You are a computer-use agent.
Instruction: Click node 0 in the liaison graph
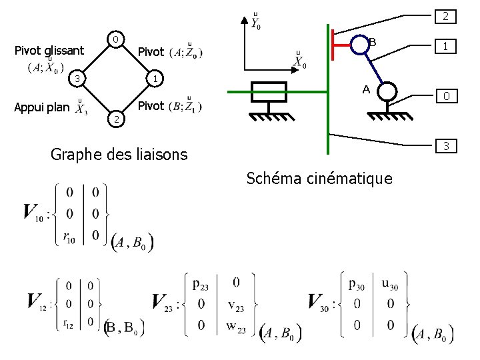pos(115,40)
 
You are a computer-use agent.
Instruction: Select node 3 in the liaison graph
pos(77,80)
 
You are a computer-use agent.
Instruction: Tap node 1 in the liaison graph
pos(154,80)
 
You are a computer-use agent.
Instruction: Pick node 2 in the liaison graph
pos(115,119)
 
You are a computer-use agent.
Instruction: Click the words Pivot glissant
pos(49,51)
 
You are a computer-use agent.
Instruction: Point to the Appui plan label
pos(41,107)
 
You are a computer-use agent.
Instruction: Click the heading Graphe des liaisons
pos(119,155)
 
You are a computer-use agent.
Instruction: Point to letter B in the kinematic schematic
pos(373,43)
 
